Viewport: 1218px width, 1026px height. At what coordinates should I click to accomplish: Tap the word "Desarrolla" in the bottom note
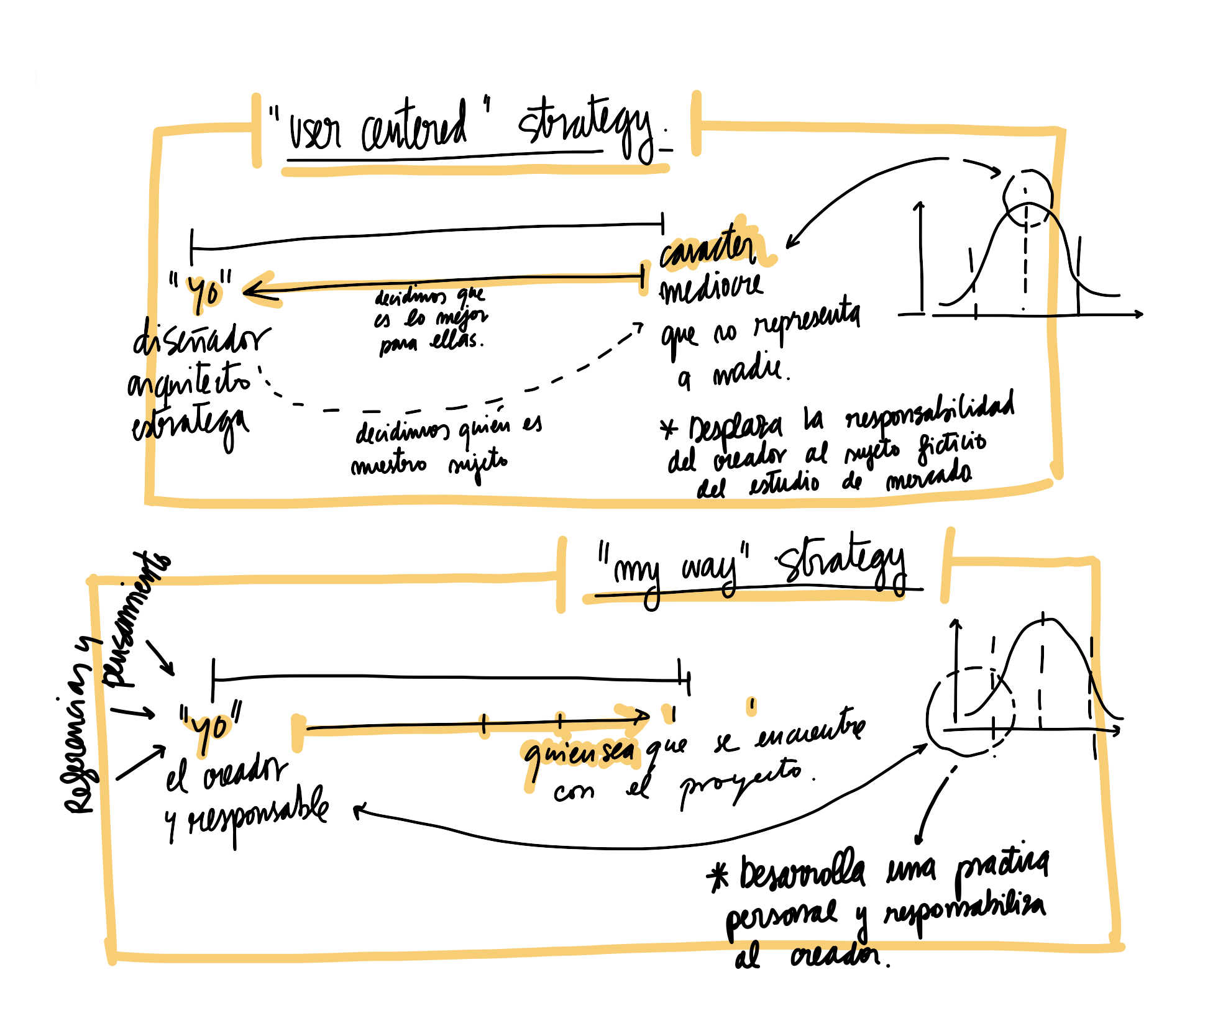(802, 872)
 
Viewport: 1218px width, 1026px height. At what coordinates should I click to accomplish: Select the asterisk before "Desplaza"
(669, 429)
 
